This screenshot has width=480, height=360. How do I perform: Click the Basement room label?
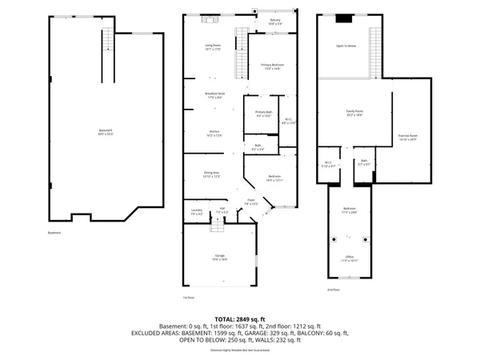[106, 131]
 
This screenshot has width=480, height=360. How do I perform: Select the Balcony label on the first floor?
[275, 22]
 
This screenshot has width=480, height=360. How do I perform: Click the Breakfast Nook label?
[214, 95]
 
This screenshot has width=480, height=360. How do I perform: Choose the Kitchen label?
[214, 133]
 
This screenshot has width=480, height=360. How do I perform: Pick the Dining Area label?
[214, 174]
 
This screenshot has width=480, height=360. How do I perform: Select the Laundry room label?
[197, 212]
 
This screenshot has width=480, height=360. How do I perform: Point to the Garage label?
[219, 258]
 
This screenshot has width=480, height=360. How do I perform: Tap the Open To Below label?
[346, 46]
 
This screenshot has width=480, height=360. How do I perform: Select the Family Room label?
[354, 113]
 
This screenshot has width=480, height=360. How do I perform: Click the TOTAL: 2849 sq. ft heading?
[240, 319]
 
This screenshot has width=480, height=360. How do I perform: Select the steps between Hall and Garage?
[215, 229]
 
